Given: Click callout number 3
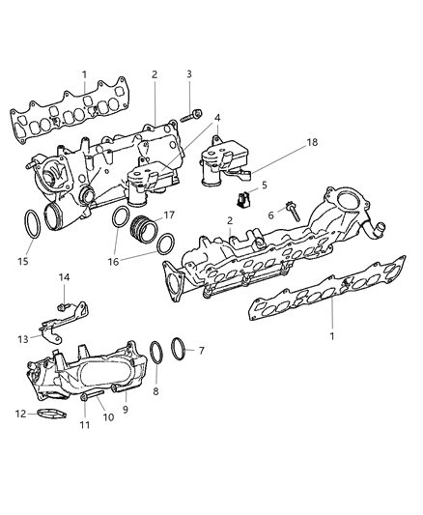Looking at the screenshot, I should (188, 74).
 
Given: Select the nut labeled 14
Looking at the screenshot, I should (62, 308).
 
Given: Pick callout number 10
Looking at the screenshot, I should (108, 417).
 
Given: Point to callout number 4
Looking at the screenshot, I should (216, 117).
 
